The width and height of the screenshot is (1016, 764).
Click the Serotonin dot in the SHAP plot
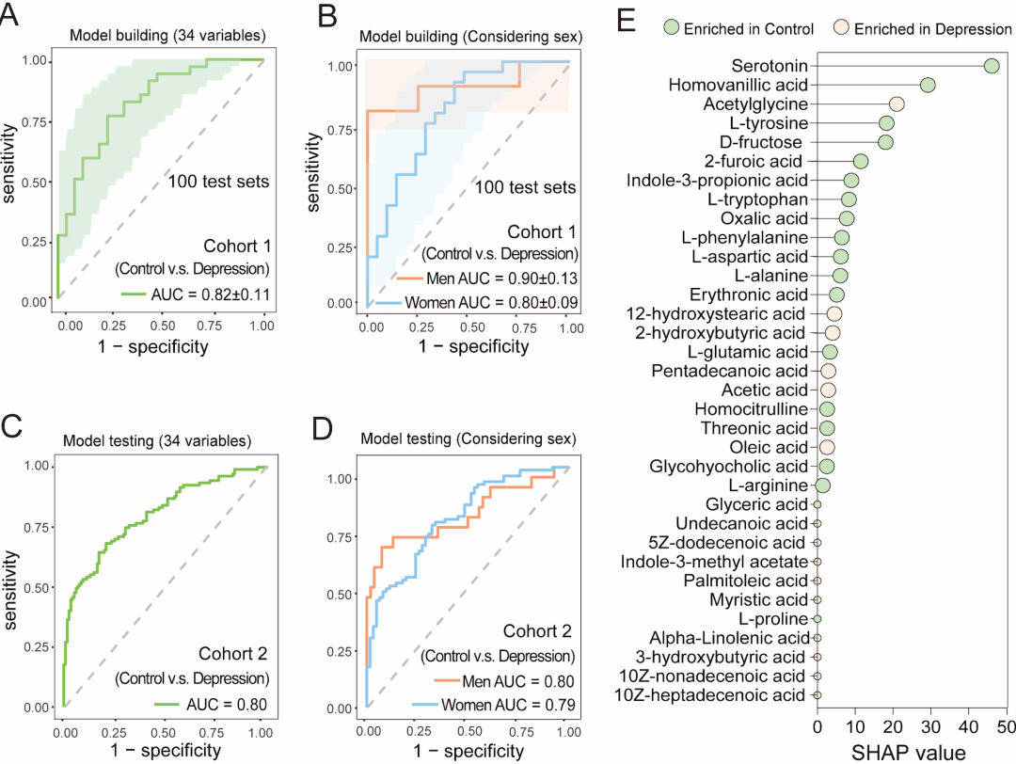(x=991, y=66)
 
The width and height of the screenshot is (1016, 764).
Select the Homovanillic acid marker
(x=928, y=86)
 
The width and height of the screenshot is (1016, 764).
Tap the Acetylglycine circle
(x=897, y=104)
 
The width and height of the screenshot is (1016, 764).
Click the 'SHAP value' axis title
(x=910, y=751)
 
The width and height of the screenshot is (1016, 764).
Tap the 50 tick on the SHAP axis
(x=1006, y=725)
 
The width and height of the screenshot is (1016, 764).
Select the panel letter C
(x=12, y=425)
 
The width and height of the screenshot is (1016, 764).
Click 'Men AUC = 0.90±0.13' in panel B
(x=500, y=279)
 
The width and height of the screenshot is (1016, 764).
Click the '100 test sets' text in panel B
(x=525, y=187)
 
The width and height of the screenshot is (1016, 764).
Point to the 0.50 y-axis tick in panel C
(x=34, y=586)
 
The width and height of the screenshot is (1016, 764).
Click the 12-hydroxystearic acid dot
(x=833, y=313)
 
